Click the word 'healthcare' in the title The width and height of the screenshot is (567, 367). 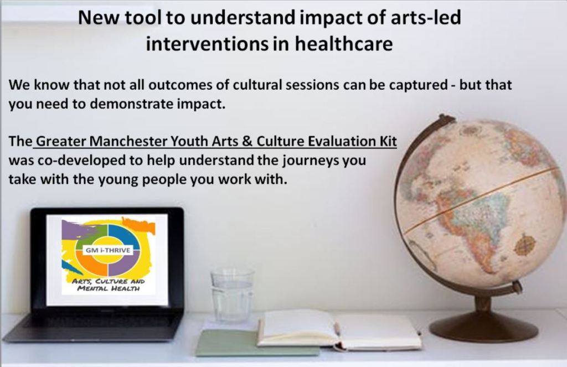[344, 44]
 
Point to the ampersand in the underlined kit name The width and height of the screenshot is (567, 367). [248, 141]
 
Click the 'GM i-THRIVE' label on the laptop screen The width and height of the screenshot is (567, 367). [108, 250]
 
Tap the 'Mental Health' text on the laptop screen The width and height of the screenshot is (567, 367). [109, 288]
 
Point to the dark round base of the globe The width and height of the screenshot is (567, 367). [483, 326]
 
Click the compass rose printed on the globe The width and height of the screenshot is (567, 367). [525, 245]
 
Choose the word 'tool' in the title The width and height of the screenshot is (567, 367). [142, 17]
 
